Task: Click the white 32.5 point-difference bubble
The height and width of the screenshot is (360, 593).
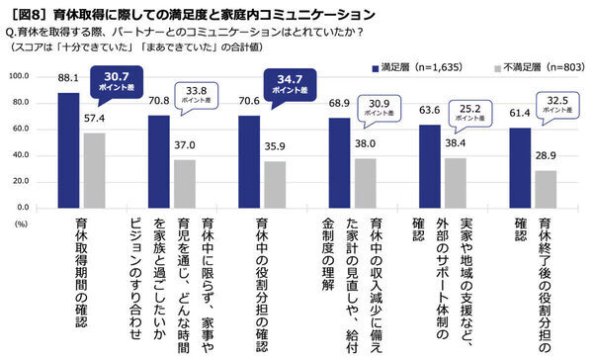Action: tap(554, 104)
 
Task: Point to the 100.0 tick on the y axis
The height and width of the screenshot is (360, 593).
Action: tap(20, 76)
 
